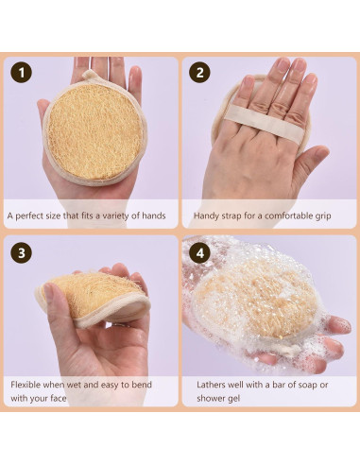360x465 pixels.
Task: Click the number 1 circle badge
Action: pos(21,73)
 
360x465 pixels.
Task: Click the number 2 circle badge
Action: pos(199,73)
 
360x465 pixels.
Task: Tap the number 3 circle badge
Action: pos(21,252)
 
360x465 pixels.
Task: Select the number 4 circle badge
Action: pos(199,252)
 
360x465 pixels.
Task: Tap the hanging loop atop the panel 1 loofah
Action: pos(90,76)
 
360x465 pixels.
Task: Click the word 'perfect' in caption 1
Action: pos(35,215)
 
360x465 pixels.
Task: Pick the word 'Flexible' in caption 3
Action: pos(28,385)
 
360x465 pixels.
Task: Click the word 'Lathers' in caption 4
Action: pos(213,385)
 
